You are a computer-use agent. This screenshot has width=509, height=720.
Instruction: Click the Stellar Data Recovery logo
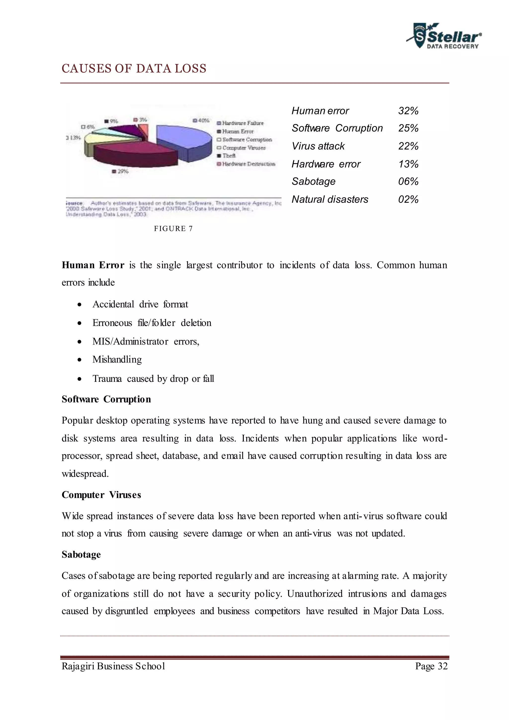[444, 36]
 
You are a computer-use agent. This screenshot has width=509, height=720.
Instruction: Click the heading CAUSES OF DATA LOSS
[134, 68]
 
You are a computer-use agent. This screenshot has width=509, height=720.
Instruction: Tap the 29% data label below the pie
[121, 172]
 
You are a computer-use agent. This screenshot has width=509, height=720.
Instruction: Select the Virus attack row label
[318, 146]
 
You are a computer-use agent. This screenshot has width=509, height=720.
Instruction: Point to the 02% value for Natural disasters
[408, 199]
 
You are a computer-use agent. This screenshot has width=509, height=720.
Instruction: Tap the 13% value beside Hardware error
[408, 164]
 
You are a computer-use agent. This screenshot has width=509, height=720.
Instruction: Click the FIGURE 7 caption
[173, 229]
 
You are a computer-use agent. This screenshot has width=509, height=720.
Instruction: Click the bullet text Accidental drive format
[140, 304]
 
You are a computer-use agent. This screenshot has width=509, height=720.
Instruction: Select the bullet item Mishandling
[117, 359]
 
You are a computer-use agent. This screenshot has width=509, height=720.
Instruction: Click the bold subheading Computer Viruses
[101, 495]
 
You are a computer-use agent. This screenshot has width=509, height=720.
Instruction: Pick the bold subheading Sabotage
[81, 554]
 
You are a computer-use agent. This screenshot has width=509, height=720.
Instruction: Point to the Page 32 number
[431, 666]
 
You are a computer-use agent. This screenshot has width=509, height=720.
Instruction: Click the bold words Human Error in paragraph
[93, 265]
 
